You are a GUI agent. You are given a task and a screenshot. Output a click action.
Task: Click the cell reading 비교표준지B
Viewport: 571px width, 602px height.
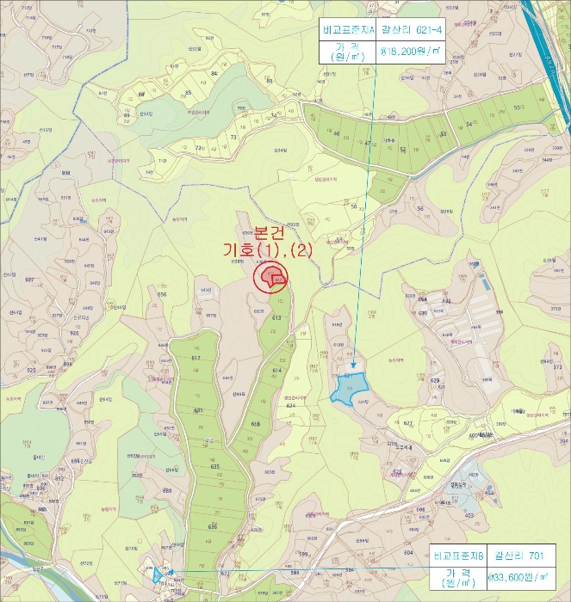[457, 556]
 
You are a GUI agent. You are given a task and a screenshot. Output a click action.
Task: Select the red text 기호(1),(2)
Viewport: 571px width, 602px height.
[267, 249]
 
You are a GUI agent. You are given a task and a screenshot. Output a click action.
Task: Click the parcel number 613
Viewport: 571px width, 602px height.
[276, 318]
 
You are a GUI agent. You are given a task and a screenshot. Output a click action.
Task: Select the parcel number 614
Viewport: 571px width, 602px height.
[276, 371]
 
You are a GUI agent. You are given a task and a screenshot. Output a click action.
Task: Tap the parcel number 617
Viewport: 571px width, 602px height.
[196, 358]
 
